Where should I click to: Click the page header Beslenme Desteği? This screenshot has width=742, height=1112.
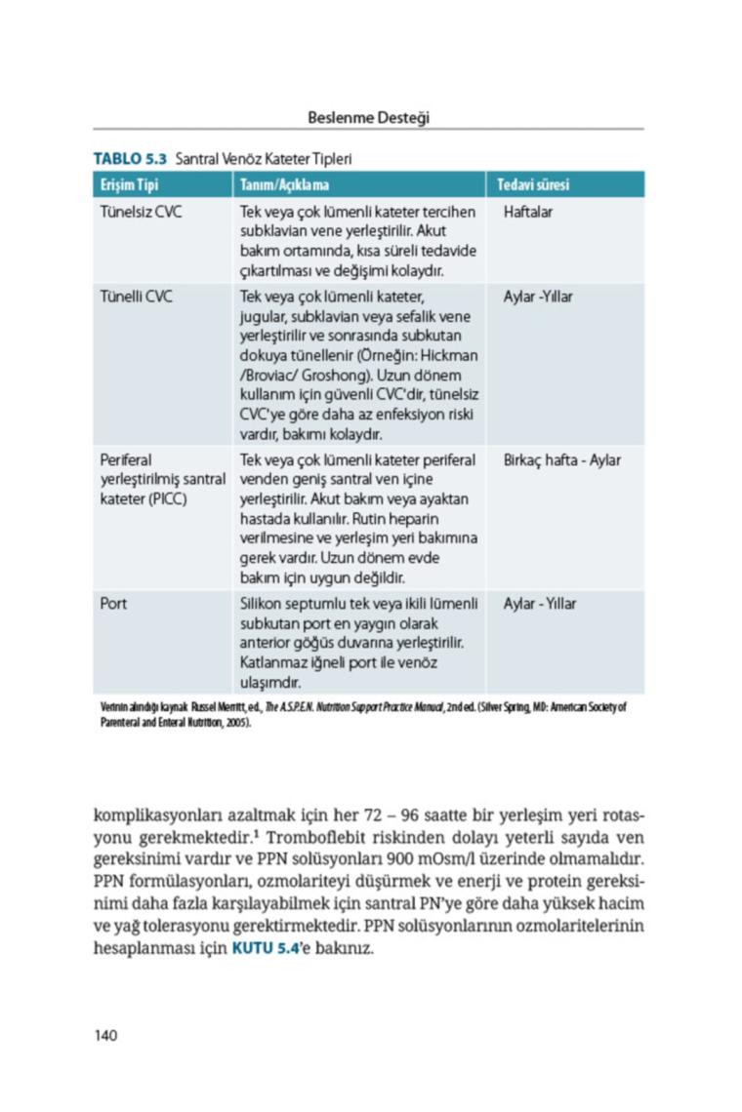click(368, 117)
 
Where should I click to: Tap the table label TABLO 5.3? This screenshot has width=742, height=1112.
click(130, 158)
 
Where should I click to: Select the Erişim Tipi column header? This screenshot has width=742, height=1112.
click(129, 184)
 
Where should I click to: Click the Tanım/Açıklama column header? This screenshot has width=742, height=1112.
click(284, 184)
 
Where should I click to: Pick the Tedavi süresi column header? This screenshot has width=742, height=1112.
click(533, 184)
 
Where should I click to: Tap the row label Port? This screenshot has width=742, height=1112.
click(113, 604)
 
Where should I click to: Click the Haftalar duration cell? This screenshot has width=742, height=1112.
click(528, 212)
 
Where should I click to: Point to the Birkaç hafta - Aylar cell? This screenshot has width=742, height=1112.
click(561, 460)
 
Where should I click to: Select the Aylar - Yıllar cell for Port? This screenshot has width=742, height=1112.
click(540, 604)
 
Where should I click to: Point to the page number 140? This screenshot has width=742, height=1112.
click(105, 1035)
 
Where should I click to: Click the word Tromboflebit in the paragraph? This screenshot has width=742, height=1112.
click(313, 838)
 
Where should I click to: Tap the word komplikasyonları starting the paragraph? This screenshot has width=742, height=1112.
click(155, 815)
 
